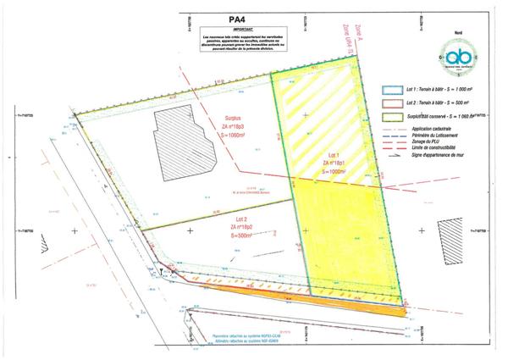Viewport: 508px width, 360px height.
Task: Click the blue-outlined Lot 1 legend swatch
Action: [390, 88]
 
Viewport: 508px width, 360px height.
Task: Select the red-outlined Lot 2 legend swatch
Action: [390, 102]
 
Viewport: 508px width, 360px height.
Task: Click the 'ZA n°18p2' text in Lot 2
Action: [246, 228]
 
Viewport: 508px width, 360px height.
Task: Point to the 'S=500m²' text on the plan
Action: [246, 235]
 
